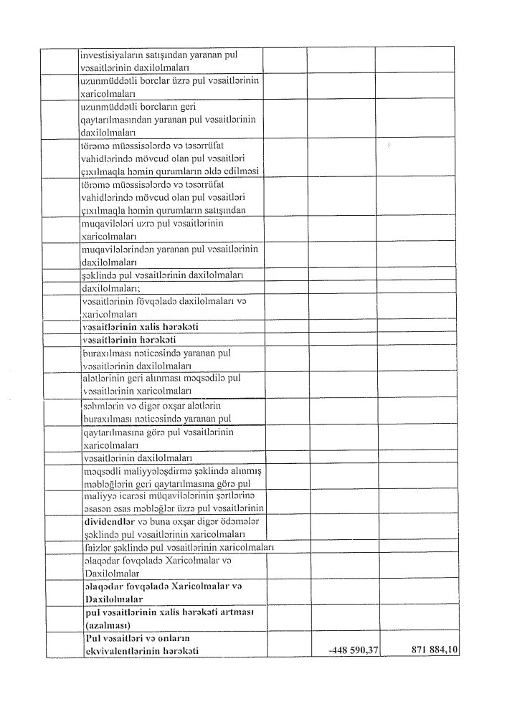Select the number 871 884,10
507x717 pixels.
coord(435,650)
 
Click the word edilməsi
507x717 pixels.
coord(242,170)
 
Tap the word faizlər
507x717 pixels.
coord(98,548)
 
